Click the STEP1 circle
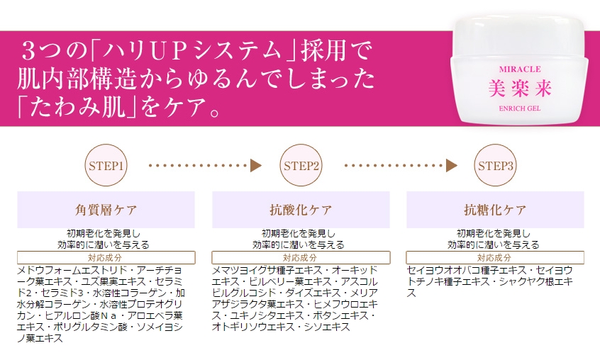click(106, 166)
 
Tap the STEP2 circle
click(301, 166)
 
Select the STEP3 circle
click(495, 166)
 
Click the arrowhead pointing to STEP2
click(256, 166)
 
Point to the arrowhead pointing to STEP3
click(452, 166)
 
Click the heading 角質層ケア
click(106, 210)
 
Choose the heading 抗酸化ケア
click(301, 210)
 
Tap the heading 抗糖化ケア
click(495, 210)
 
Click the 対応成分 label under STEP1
click(105, 257)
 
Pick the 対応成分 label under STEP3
click(494, 257)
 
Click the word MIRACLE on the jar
click(520, 69)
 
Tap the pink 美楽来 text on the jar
click(520, 89)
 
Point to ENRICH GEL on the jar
click(520, 108)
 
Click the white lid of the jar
click(520, 36)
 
